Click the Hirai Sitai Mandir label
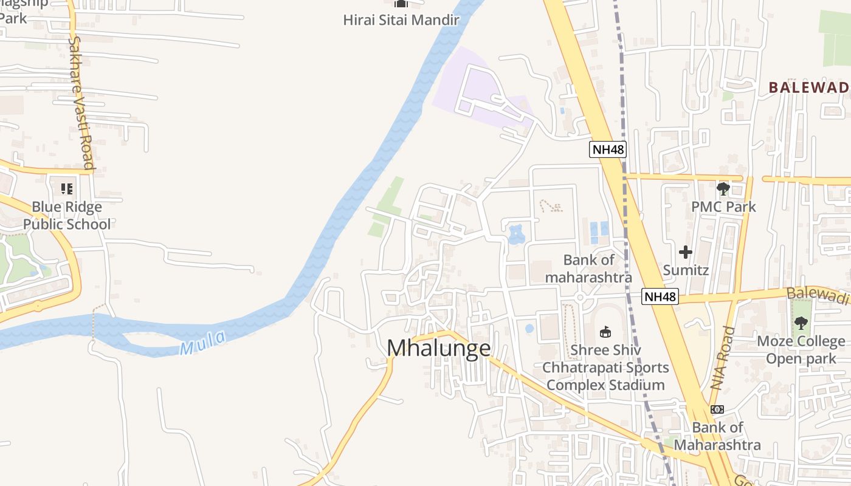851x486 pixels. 401,19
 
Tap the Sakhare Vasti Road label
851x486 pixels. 81,103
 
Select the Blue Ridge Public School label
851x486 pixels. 67,216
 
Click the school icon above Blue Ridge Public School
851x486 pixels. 67,188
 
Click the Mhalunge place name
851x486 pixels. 439,348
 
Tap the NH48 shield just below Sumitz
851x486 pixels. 660,296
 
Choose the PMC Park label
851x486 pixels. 723,207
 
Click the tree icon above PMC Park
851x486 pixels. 723,189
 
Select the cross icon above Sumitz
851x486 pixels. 686,252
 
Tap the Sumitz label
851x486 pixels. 686,270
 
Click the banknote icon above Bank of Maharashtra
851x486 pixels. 717,409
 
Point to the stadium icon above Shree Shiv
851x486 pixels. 605,332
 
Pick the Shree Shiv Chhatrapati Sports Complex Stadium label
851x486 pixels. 605,368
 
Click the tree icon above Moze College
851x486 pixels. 801,323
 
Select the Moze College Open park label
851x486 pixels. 801,350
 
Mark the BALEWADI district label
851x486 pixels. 808,87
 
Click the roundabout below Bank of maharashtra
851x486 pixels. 581,298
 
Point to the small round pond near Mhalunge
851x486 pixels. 529,329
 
